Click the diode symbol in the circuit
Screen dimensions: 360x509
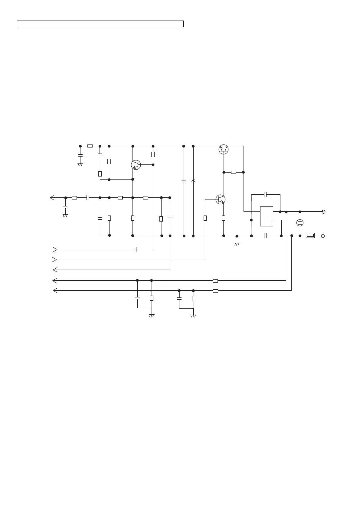(x=193, y=180)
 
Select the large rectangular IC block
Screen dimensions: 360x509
(x=267, y=216)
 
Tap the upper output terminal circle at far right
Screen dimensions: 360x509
(x=323, y=212)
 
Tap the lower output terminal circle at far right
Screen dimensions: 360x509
(x=323, y=236)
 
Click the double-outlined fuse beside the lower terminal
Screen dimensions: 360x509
(x=310, y=236)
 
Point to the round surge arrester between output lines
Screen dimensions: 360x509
(x=300, y=223)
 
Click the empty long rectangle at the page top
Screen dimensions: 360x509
(x=100, y=24)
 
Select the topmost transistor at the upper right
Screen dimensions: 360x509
(x=224, y=149)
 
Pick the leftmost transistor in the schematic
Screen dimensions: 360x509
(x=136, y=165)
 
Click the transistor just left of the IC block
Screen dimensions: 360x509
(x=221, y=199)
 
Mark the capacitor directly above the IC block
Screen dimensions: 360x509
(x=265, y=194)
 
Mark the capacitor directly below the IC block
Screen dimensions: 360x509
(x=265, y=236)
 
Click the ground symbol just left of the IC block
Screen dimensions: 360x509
(x=237, y=243)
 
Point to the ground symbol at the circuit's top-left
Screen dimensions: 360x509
(x=80, y=164)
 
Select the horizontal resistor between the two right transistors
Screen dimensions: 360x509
(x=234, y=172)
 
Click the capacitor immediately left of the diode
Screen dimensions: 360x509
(x=184, y=181)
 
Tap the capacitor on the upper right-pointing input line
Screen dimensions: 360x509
(x=136, y=250)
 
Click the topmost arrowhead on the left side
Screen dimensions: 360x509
(x=52, y=198)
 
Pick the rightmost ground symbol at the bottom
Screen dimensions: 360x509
(x=194, y=316)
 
